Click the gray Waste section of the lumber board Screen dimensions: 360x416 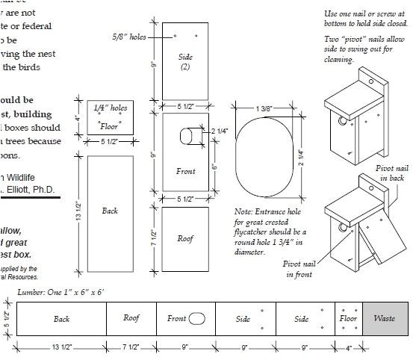click(x=385, y=319)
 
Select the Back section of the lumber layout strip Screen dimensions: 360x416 click(x=61, y=319)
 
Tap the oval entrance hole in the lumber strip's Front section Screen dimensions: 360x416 click(x=197, y=319)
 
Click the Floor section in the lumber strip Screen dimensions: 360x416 click(x=348, y=319)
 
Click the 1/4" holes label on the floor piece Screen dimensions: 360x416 click(x=110, y=108)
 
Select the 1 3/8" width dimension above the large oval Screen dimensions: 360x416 click(x=263, y=109)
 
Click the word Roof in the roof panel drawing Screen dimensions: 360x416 click(x=185, y=239)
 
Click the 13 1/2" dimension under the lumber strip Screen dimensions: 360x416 click(x=61, y=347)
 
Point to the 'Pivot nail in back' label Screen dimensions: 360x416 click(x=392, y=173)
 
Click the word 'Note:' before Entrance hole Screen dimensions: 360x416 click(x=243, y=213)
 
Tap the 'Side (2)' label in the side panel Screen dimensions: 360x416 click(x=185, y=61)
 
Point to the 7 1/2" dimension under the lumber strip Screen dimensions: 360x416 click(x=131, y=347)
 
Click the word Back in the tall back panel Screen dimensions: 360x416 click(x=110, y=211)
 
